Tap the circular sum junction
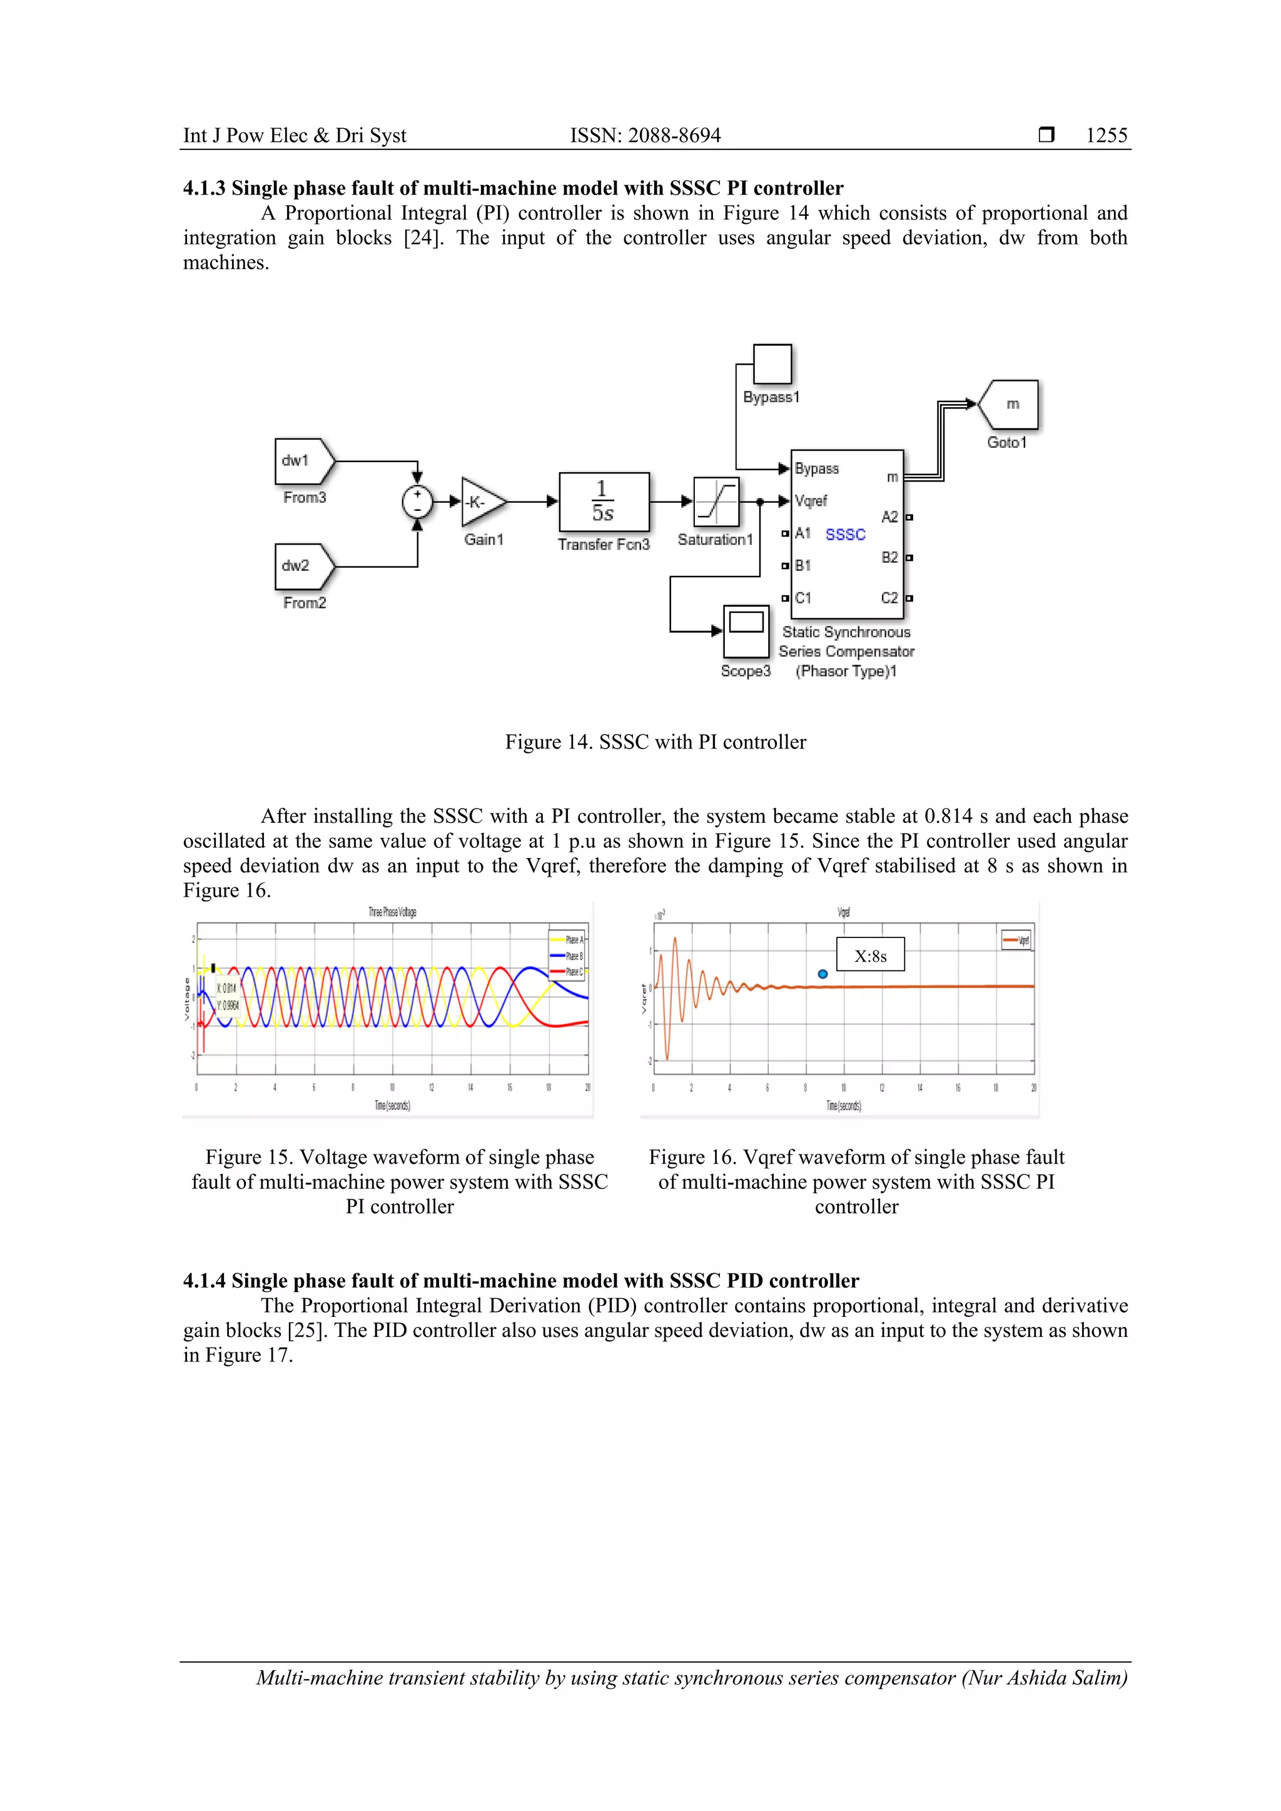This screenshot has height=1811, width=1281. [x=417, y=501]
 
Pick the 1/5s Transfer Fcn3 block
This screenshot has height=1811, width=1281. [x=604, y=502]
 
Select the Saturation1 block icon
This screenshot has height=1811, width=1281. [x=716, y=502]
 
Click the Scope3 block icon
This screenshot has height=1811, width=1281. [x=746, y=630]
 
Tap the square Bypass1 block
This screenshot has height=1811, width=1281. [x=772, y=365]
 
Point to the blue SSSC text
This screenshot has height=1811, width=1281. [x=846, y=535]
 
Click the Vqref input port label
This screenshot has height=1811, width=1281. [x=811, y=501]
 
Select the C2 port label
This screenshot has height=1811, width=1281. [x=889, y=598]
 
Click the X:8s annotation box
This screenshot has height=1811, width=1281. [x=870, y=955]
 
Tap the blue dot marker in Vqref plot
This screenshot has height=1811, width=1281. [x=823, y=974]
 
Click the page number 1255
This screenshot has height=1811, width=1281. [x=1106, y=136]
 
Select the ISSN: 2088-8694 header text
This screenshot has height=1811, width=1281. [x=646, y=136]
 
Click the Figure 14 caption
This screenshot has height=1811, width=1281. [x=656, y=742]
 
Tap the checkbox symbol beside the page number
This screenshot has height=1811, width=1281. [x=1046, y=135]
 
